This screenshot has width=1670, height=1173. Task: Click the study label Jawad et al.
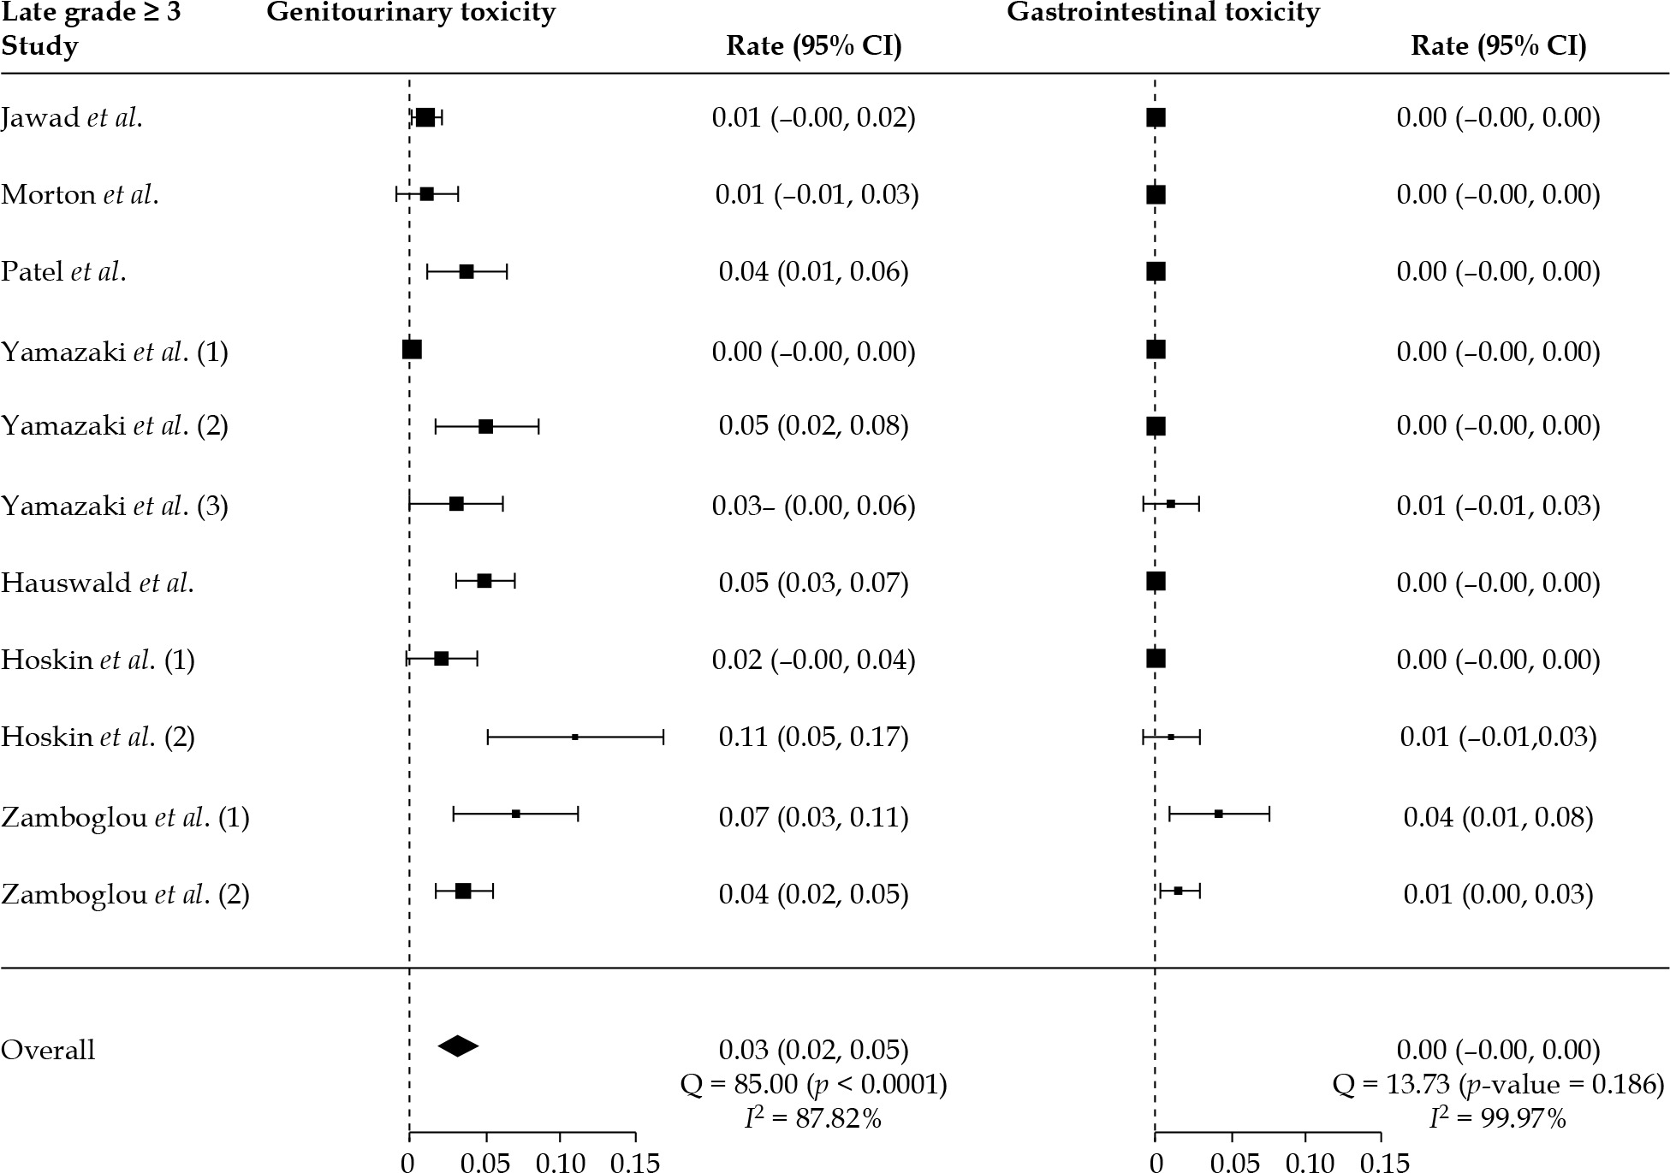tap(71, 118)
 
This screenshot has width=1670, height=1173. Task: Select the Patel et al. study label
tap(63, 272)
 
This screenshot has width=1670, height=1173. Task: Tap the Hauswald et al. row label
tap(97, 583)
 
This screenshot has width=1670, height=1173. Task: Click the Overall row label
tap(48, 1050)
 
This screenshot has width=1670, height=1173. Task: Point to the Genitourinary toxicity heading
tap(411, 13)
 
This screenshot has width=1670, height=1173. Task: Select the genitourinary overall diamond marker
tap(458, 1046)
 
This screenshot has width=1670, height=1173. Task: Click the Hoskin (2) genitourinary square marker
tap(575, 737)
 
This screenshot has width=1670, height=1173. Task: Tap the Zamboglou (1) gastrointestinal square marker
tap(1219, 814)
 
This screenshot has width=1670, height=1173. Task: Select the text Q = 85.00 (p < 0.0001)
tap(813, 1085)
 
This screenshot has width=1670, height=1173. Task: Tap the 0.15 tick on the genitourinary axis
tap(635, 1163)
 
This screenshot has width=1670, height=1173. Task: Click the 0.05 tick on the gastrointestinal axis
tap(1231, 1163)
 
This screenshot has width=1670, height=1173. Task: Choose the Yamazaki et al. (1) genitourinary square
tap(412, 350)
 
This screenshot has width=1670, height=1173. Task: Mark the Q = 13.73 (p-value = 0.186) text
tap(1498, 1085)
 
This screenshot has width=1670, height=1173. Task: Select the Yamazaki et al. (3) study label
tap(115, 506)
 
